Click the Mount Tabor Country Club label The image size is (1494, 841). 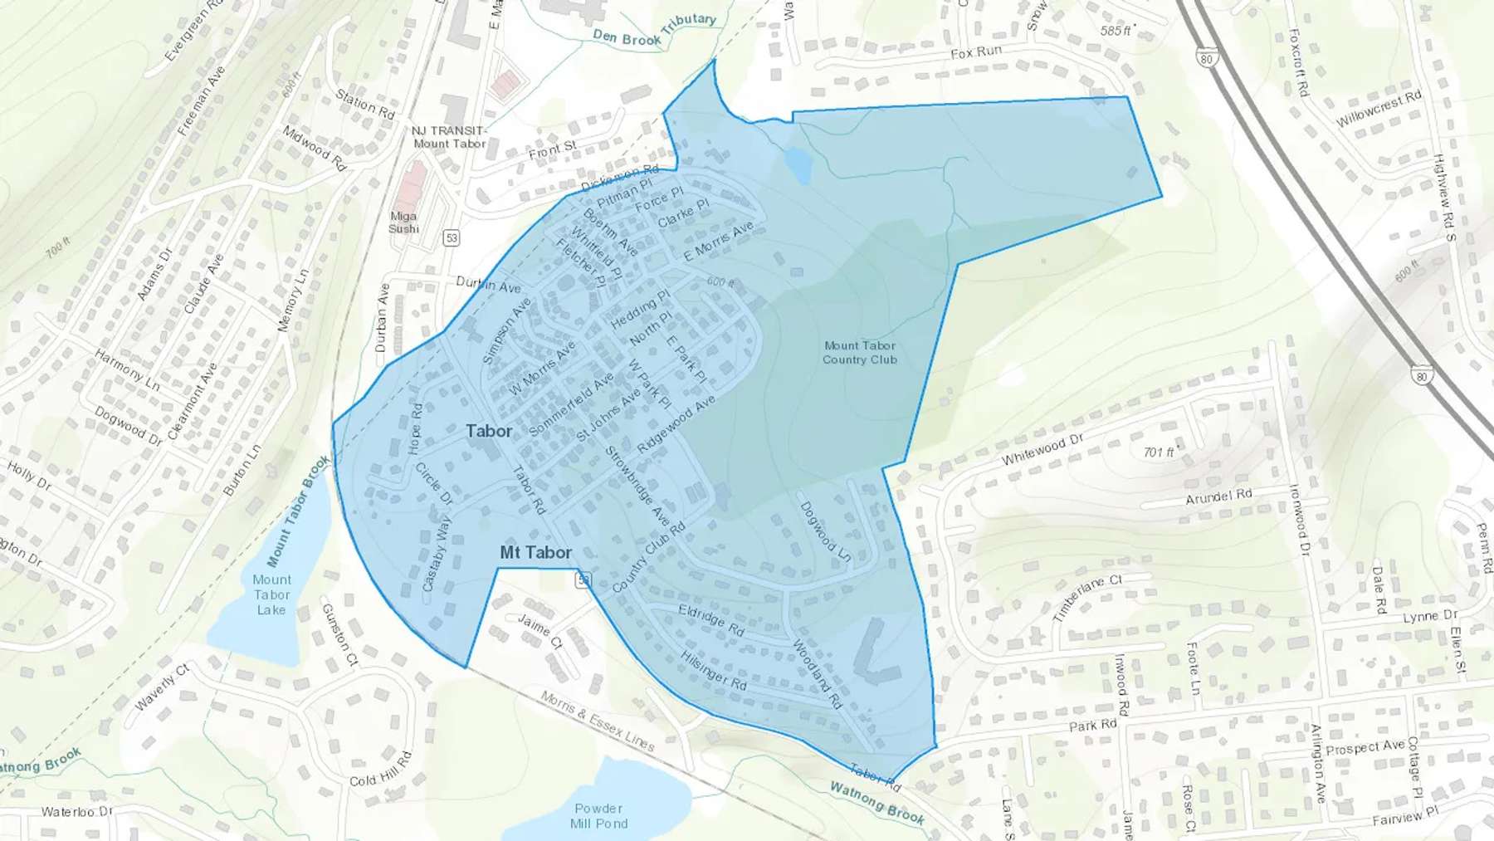pos(860,353)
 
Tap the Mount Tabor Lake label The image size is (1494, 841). pos(271,594)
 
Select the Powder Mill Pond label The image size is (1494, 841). pos(598,815)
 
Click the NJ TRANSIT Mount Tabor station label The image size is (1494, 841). pos(449,137)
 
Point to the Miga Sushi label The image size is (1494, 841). pos(404,222)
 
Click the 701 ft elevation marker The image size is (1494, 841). pos(1160,452)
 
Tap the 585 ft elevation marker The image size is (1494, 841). pos(1116,31)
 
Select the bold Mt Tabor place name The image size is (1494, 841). pos(535,553)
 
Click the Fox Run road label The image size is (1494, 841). pos(976,52)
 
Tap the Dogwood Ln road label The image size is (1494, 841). pos(825,532)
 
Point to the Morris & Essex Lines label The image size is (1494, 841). pos(597,721)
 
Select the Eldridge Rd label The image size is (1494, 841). pos(711,620)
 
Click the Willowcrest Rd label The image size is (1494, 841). pos(1378,109)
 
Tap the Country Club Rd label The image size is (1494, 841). pos(648,558)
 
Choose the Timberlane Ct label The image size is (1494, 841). pos(1086,598)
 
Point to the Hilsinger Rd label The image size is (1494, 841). pos(714,670)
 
